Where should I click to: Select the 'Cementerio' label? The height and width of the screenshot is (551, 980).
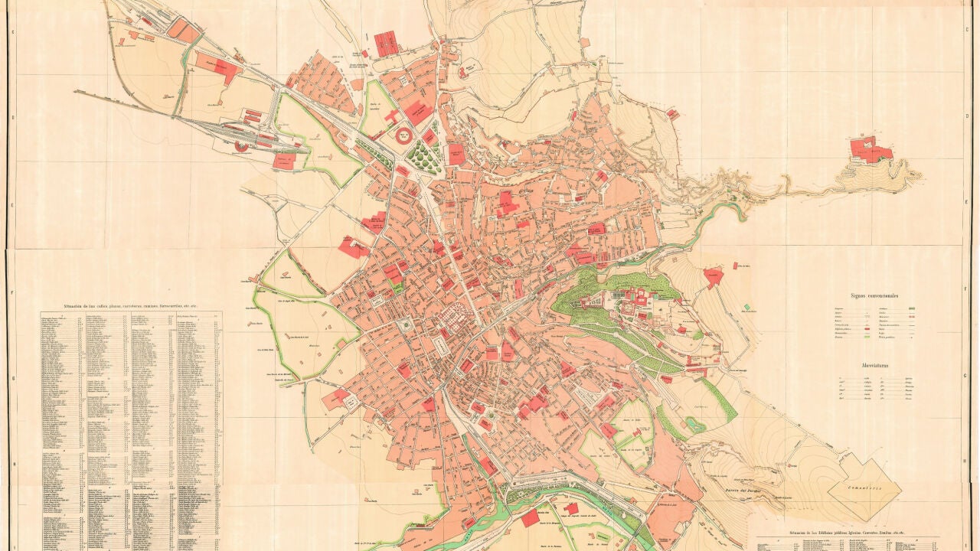click(864, 485)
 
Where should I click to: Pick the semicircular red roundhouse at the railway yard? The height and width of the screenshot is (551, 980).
click(242, 145)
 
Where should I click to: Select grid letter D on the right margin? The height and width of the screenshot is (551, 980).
click(967, 117)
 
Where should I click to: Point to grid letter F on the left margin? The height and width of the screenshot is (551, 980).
click(13, 292)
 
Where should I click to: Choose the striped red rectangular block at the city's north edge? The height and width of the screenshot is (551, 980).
click(386, 44)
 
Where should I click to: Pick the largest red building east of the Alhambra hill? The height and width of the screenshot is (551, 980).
click(713, 276)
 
